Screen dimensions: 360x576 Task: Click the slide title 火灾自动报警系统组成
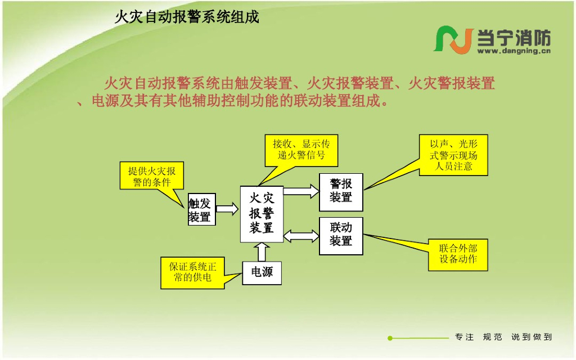[187, 17]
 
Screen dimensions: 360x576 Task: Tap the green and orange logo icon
[453, 39]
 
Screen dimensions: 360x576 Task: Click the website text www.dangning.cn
[514, 51]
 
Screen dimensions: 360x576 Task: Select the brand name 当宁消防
[514, 38]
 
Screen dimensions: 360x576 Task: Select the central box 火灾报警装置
[262, 213]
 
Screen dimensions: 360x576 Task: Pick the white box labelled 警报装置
[341, 192]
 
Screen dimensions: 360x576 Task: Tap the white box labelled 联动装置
[341, 235]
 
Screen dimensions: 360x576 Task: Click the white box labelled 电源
[262, 273]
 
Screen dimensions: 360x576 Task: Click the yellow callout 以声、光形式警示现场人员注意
[453, 155]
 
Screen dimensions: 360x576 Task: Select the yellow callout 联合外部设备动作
[458, 254]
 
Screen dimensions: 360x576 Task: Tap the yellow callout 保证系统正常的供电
[192, 272]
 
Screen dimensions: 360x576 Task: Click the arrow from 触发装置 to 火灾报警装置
[227, 209]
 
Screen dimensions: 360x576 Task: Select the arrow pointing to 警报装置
[301, 191]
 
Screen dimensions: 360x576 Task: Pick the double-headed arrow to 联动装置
[301, 235]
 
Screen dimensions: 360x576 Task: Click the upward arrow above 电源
[262, 252]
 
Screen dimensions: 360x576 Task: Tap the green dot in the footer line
[390, 338]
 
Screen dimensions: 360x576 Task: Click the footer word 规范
[492, 337]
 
